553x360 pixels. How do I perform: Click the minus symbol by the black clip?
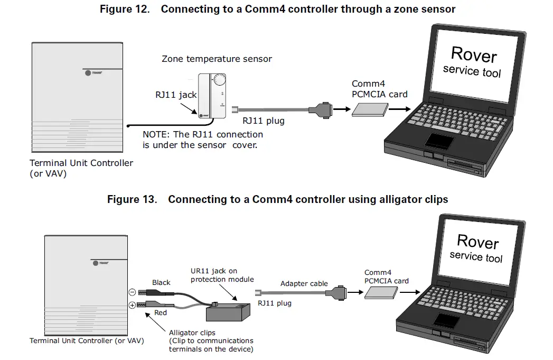point(132,292)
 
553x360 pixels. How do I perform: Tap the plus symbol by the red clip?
point(132,304)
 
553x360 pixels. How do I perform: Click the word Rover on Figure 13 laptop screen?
point(477,241)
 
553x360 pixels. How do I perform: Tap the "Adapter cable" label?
point(304,283)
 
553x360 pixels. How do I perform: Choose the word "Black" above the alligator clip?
point(161,282)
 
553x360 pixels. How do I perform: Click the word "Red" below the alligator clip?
point(161,312)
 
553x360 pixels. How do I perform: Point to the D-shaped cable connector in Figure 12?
point(323,110)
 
